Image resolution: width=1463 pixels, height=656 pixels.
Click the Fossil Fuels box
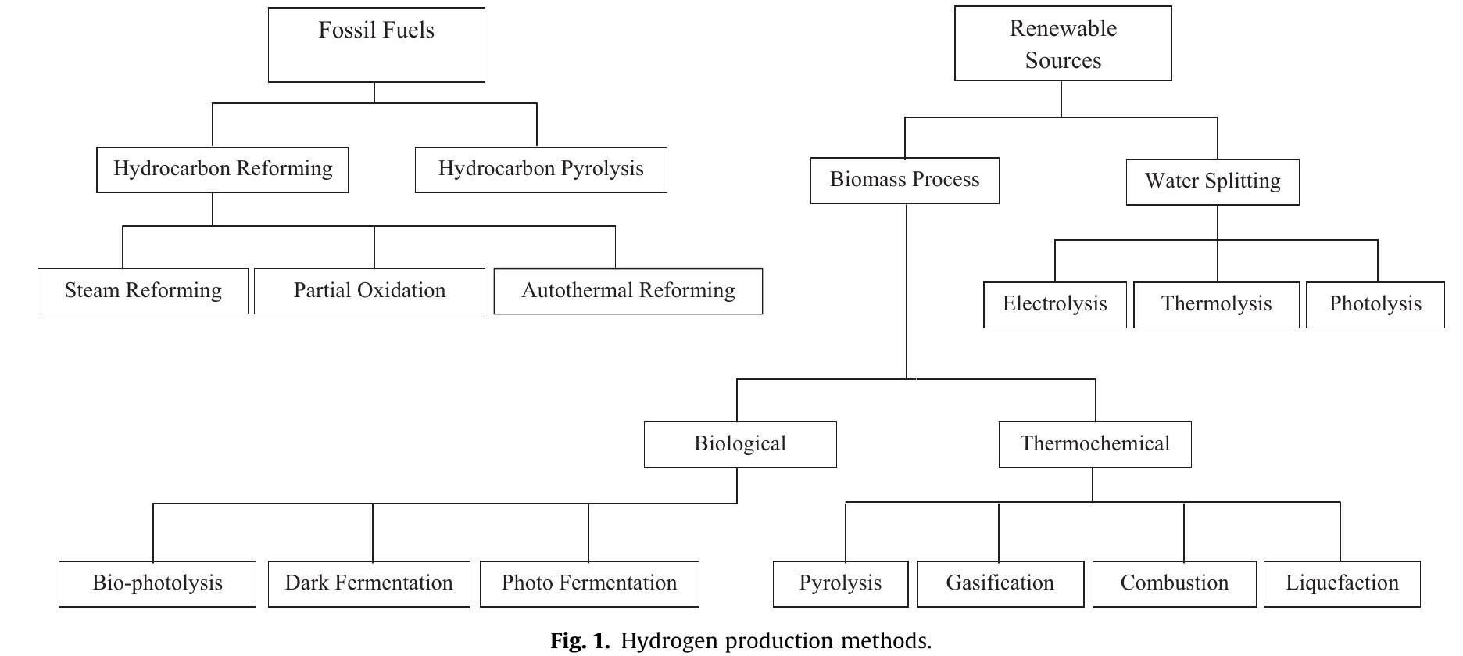click(x=376, y=45)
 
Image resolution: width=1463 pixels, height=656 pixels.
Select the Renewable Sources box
click(x=1062, y=44)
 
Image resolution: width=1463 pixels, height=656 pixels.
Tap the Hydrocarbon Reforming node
click(x=223, y=170)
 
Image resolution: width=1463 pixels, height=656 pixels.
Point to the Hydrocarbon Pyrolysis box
click(x=541, y=170)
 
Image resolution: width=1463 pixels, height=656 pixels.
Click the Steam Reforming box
click(x=143, y=291)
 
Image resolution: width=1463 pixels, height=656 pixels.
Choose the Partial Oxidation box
click(x=369, y=291)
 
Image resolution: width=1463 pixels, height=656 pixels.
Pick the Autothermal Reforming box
click(x=628, y=292)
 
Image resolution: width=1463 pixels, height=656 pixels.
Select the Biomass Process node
click(x=904, y=181)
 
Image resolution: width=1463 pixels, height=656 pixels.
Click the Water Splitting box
click(x=1212, y=182)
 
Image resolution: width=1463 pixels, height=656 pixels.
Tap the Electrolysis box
click(x=1054, y=304)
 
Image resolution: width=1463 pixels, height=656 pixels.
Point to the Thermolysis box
click(x=1216, y=304)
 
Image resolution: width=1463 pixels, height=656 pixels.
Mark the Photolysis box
click(x=1375, y=304)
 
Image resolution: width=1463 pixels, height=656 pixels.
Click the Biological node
click(x=739, y=444)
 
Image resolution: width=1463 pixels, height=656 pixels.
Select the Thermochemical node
click(x=1094, y=444)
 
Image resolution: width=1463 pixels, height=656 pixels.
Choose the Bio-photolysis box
click(x=157, y=583)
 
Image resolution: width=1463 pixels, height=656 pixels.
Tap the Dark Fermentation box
click(x=369, y=583)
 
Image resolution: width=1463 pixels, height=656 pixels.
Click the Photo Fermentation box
click(x=588, y=583)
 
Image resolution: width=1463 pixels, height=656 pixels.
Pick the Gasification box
click(x=1000, y=583)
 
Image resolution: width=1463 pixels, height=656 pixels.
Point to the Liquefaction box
click(x=1341, y=583)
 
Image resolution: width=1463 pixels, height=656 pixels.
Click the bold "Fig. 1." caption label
click(x=579, y=641)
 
